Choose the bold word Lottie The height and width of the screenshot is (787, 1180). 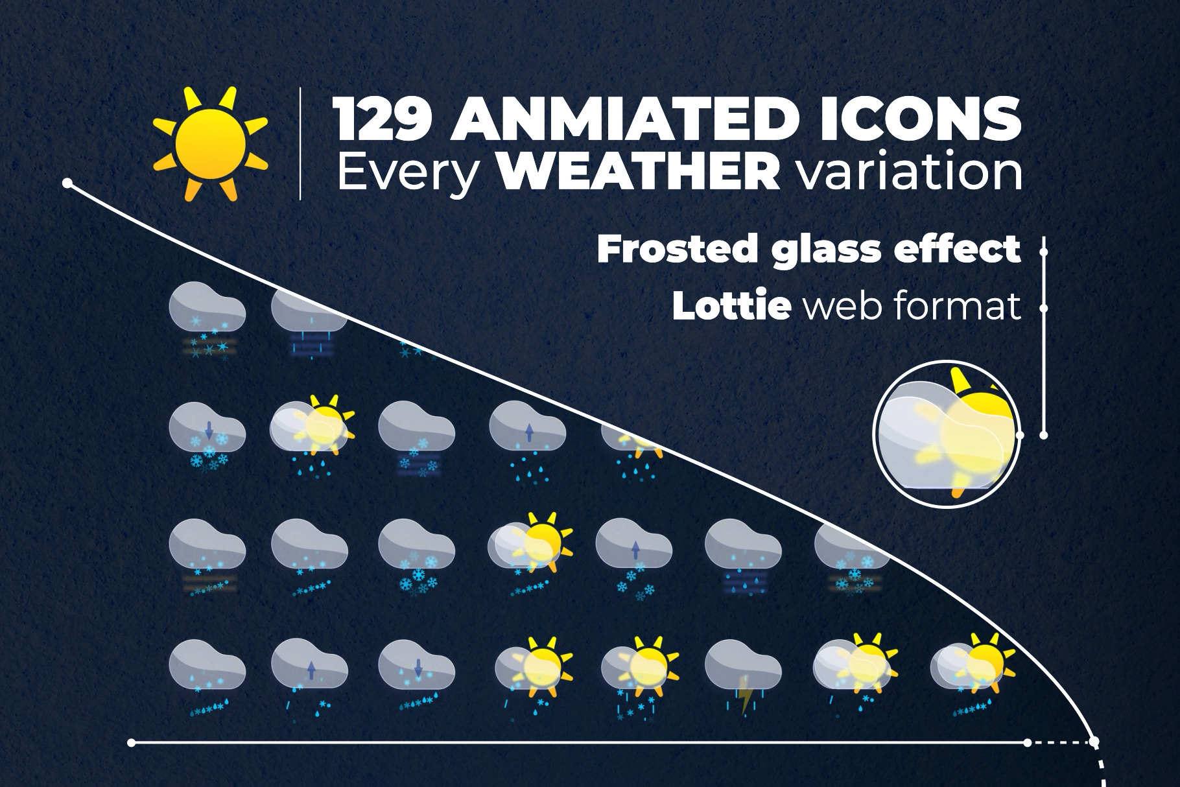click(x=731, y=306)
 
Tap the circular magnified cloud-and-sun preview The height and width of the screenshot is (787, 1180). click(x=946, y=434)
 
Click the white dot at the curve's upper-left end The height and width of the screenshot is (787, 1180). click(x=67, y=183)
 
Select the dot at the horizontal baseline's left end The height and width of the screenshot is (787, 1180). click(x=132, y=742)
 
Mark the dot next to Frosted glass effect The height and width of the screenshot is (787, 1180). click(x=1044, y=250)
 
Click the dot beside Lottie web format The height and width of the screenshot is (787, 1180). click(x=1044, y=309)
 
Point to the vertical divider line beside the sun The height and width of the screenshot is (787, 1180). click(x=300, y=143)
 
